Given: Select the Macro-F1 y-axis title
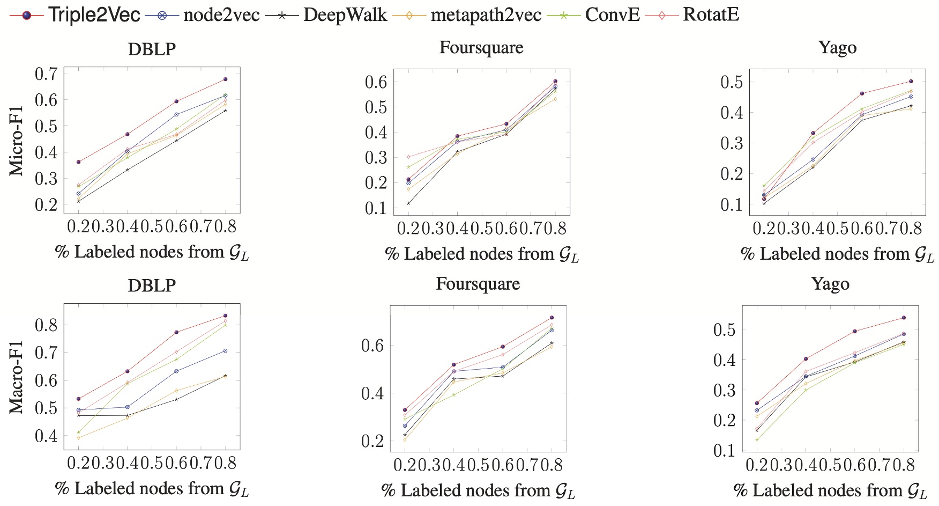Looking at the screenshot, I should coord(17,377).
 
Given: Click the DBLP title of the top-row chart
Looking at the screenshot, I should coord(152,49).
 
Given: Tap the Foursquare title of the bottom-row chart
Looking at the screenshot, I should coord(478,284).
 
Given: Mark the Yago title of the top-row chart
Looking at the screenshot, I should coord(837,48).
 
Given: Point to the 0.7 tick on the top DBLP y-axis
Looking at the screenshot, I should coord(46,74).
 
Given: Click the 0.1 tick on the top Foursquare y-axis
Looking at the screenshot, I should coord(376,208).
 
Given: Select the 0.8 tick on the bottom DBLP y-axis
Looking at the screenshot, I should coord(46,325).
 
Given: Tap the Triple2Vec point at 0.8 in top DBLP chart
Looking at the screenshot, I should coord(225,79).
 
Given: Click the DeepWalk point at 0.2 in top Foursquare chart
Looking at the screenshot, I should coord(408,203).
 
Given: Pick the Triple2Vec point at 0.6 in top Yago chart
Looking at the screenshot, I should coord(862,93).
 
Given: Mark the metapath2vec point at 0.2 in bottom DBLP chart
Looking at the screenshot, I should coord(79,438).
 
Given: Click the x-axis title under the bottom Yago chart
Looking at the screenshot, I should coord(830,490).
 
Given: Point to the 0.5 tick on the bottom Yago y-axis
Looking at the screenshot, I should coord(724,330).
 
